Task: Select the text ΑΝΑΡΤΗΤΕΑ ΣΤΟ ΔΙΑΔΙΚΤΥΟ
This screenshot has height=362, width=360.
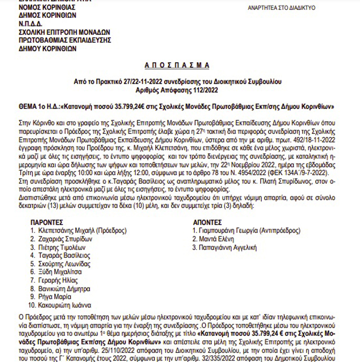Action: [x=282, y=8]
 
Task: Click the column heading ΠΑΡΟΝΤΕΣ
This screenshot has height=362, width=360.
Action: [x=48, y=222]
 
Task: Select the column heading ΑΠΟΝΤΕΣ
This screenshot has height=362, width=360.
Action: [x=207, y=222]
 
